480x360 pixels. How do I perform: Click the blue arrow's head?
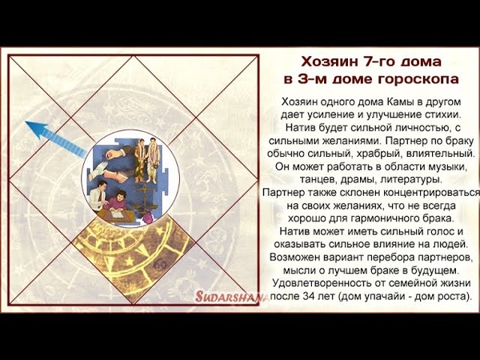click(35, 128)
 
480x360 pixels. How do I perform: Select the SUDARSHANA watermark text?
click(231, 296)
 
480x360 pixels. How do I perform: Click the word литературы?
click(411, 179)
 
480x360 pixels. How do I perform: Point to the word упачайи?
click(383, 297)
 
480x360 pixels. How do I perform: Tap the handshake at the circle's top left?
click(117, 152)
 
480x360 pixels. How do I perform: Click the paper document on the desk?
click(118, 214)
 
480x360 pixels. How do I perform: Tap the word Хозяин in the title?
click(326, 62)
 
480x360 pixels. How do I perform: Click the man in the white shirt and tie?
click(98, 196)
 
